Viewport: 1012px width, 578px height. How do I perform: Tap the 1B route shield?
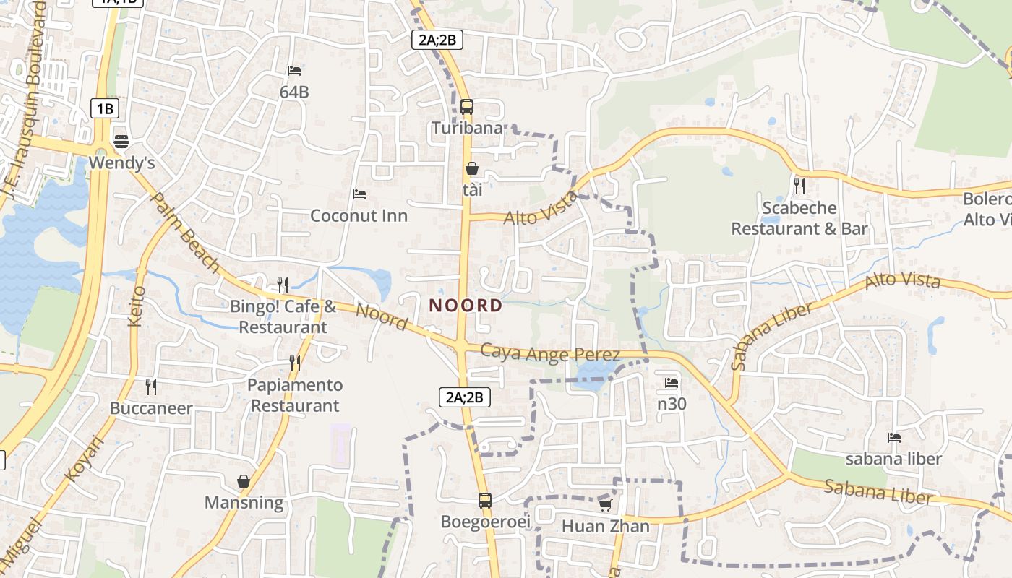[x=105, y=109]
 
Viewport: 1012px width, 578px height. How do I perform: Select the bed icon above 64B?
[x=294, y=71]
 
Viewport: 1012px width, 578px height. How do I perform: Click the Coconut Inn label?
[x=359, y=215]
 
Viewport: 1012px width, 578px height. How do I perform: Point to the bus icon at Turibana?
[x=467, y=107]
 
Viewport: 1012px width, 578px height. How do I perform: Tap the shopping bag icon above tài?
[x=472, y=168]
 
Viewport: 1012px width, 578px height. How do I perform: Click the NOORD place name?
[x=466, y=305]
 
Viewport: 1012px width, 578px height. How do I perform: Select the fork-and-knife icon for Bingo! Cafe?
[x=283, y=285]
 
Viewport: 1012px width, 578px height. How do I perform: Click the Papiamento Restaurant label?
[x=295, y=395]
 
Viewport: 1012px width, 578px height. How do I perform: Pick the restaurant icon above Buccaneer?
[x=151, y=387]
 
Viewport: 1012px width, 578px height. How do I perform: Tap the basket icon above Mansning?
[x=244, y=480]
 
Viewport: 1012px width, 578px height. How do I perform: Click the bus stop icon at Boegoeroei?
[x=485, y=500]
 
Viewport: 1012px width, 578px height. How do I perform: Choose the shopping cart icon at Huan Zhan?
[x=605, y=505]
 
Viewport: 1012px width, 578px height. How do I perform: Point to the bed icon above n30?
[x=672, y=382]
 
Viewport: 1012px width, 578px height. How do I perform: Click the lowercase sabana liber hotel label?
[x=894, y=459]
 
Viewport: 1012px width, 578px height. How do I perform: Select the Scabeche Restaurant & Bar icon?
[x=799, y=186]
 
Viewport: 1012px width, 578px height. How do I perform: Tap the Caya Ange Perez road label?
[x=551, y=353]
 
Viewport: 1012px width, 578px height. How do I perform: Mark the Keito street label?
[x=137, y=306]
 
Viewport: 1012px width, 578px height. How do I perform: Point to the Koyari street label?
[x=85, y=459]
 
